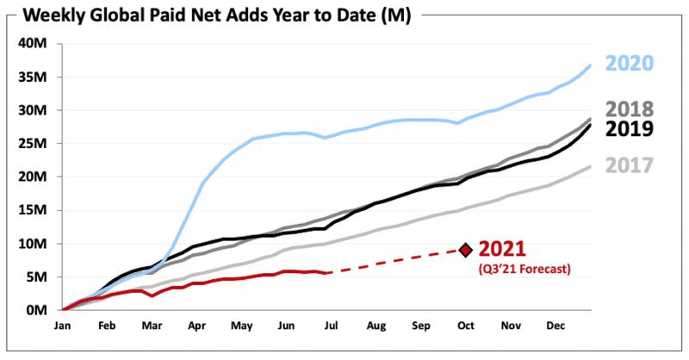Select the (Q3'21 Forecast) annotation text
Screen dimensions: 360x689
pos(525,268)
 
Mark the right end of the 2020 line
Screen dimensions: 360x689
pos(590,65)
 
